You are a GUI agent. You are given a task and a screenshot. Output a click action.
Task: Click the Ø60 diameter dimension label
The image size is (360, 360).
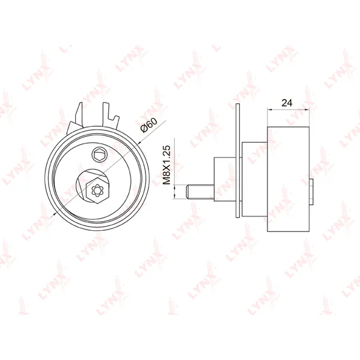click(149, 126)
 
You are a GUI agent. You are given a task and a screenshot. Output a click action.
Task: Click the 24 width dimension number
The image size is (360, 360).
click(287, 103)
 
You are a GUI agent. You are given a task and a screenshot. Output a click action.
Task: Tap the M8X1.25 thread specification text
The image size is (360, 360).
click(167, 165)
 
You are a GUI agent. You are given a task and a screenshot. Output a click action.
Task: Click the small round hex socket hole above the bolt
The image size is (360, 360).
click(99, 154)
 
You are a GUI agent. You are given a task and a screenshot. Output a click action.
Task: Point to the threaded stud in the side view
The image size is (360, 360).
click(200, 192)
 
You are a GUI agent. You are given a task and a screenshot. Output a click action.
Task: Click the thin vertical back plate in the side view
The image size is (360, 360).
click(238, 160)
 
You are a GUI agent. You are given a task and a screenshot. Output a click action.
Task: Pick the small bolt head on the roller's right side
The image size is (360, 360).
click(311, 192)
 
